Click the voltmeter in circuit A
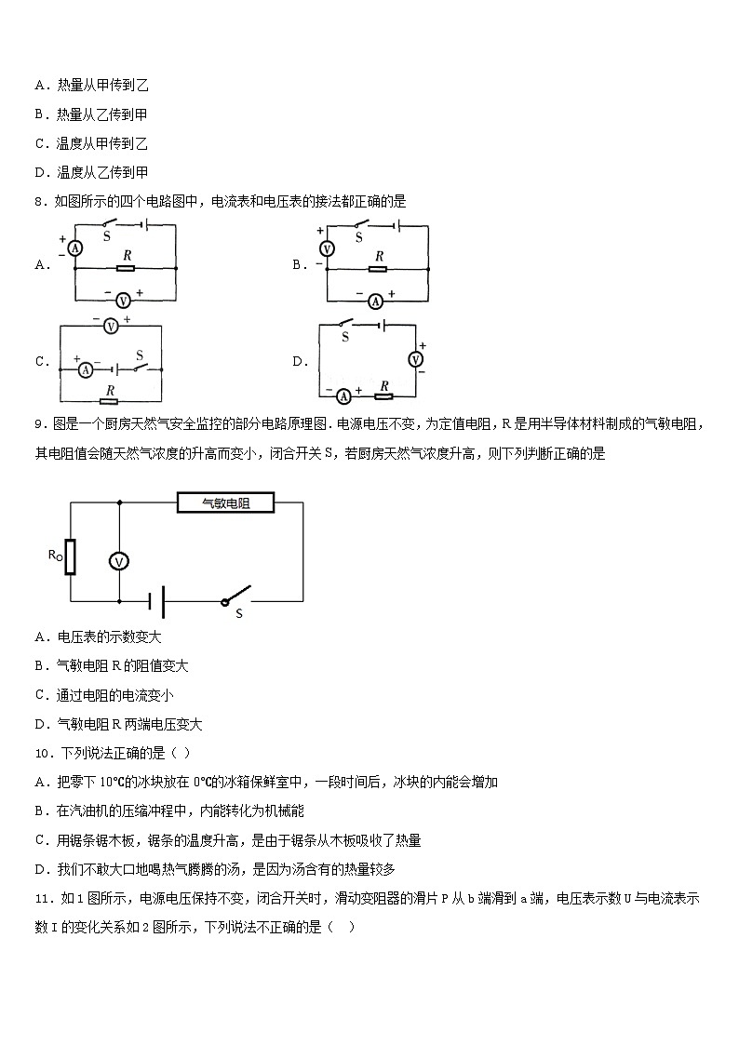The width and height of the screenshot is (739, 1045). click(122, 300)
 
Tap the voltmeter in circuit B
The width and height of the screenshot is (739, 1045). click(327, 248)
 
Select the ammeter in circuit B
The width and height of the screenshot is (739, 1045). click(375, 300)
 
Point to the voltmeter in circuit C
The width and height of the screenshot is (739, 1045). click(111, 326)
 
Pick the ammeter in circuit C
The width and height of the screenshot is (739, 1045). click(85, 369)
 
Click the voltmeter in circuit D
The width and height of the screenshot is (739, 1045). click(417, 359)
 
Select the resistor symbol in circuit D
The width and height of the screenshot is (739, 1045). click(383, 395)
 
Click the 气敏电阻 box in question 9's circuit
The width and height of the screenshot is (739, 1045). click(225, 503)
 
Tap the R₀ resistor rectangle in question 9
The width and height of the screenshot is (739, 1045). click(70, 556)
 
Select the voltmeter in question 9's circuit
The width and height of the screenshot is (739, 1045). click(118, 560)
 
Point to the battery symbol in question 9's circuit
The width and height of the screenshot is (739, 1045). click(160, 601)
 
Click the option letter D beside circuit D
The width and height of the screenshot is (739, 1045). click(298, 362)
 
